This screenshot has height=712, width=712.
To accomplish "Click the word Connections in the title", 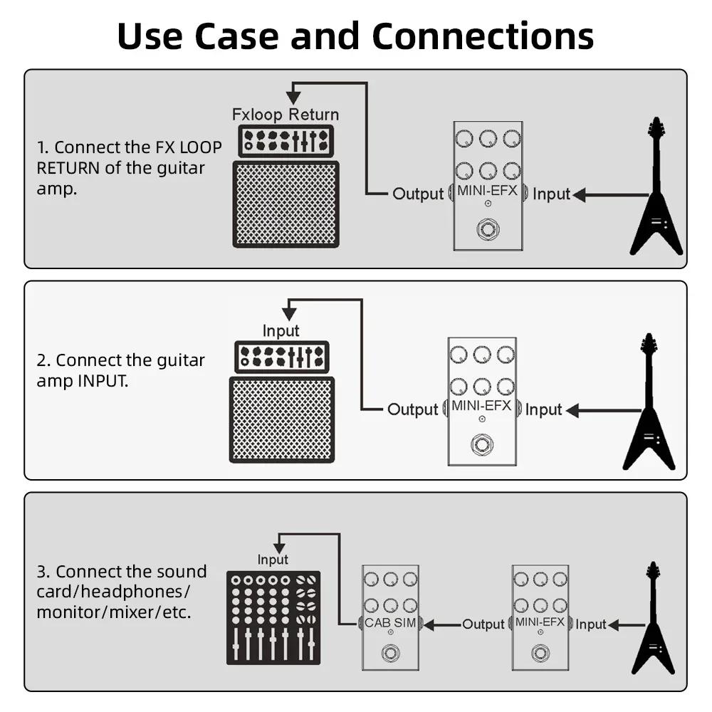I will click(x=483, y=36).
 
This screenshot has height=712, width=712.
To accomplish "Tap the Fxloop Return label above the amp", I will click(x=286, y=115).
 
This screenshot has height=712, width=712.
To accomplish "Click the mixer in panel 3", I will click(x=273, y=617).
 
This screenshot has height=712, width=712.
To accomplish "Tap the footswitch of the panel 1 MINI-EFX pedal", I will click(x=488, y=230).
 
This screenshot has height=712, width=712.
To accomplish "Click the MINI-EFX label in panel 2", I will click(x=481, y=406).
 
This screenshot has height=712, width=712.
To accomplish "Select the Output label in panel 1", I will click(x=418, y=194).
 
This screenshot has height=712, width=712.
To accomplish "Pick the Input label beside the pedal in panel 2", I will click(x=544, y=409).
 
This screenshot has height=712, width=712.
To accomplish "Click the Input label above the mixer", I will click(x=273, y=560).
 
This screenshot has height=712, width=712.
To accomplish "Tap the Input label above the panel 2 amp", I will click(x=281, y=331).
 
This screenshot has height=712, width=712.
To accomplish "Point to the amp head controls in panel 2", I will click(x=282, y=356).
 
